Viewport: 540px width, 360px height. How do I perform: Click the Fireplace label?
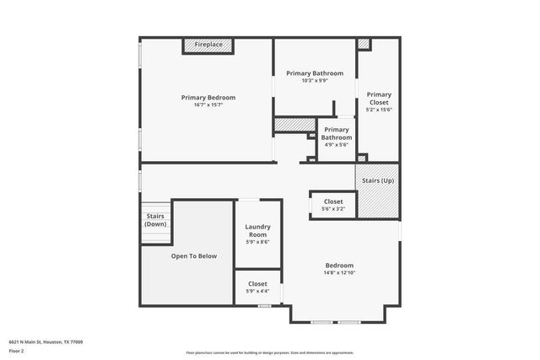coord(208,44)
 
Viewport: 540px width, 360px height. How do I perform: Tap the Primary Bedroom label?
coord(208,98)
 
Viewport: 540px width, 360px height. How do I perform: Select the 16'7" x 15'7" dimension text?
coord(208,105)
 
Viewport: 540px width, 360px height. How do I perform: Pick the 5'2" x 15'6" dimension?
coord(379,110)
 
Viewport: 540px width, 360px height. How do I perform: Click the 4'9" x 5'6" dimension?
coord(337,144)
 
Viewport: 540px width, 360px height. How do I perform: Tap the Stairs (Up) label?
coord(377,180)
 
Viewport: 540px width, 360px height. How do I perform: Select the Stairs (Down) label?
coord(155,220)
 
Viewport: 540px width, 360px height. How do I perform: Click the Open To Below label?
coord(194,255)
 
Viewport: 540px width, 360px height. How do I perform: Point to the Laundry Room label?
coord(257,230)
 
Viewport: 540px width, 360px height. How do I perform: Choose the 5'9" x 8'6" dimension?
coord(257,242)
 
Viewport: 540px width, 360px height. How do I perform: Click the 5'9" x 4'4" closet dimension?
coord(257,292)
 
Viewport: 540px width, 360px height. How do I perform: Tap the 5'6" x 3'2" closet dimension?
coord(333,209)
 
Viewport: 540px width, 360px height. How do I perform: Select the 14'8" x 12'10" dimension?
coord(339,273)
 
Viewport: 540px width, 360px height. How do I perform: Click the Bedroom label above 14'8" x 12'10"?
coord(339,266)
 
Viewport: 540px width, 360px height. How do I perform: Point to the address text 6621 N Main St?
coord(46,341)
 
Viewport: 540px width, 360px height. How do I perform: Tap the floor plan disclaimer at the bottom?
coord(269,352)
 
